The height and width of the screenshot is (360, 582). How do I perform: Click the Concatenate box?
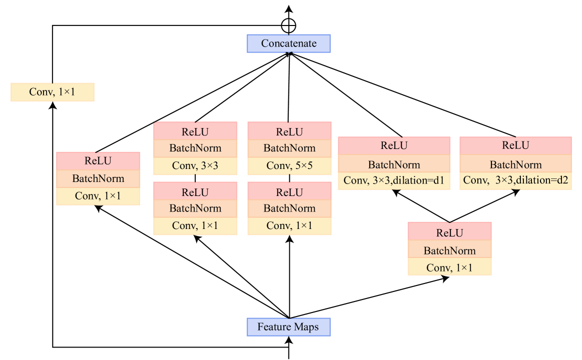click(x=289, y=43)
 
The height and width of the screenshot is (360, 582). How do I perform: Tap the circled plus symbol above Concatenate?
click(x=289, y=25)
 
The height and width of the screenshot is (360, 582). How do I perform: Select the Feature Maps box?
click(x=289, y=327)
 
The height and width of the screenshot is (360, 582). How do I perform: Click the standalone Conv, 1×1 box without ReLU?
click(x=53, y=92)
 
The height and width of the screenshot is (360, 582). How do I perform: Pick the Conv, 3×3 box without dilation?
click(x=195, y=165)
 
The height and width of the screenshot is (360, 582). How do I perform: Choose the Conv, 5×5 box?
click(x=289, y=165)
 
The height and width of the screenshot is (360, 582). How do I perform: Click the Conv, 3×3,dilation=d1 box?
click(x=394, y=180)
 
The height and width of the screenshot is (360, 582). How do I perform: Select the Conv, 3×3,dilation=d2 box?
click(x=515, y=180)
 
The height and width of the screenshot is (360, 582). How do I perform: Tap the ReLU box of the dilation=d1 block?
click(x=394, y=145)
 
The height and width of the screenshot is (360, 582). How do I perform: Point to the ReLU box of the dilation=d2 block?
click(x=515, y=145)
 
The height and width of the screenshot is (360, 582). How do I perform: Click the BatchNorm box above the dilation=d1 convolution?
click(x=394, y=164)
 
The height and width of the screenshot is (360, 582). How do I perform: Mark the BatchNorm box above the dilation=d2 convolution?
click(x=515, y=164)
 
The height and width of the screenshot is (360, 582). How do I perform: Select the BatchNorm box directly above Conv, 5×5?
click(x=289, y=148)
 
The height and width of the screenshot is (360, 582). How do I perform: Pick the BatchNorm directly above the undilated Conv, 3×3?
click(x=195, y=148)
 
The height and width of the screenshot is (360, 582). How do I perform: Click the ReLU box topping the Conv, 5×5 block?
click(x=289, y=132)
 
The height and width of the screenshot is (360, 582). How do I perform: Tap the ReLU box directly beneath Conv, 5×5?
click(x=289, y=192)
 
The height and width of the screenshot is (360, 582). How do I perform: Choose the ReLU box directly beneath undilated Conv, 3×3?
click(x=195, y=192)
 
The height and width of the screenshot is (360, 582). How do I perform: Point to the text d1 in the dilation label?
click(x=439, y=180)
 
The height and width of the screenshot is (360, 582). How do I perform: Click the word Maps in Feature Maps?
click(x=306, y=327)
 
